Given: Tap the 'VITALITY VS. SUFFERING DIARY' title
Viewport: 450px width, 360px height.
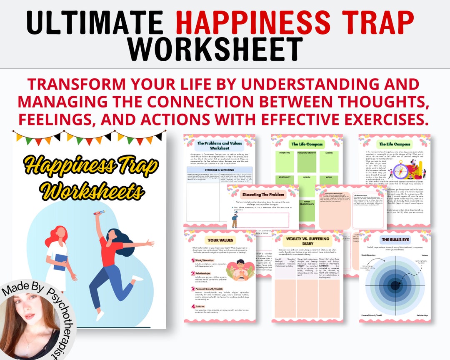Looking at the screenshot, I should (x=307, y=241).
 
